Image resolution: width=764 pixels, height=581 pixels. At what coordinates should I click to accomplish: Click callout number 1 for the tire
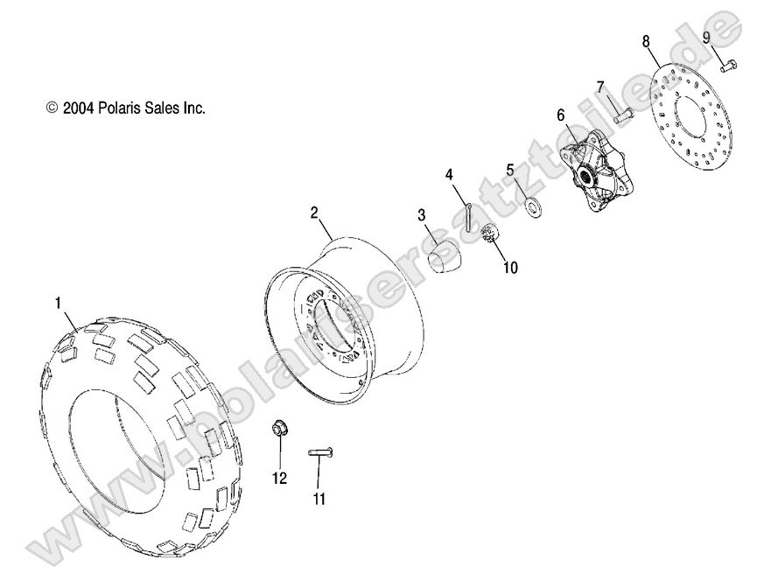point(59,304)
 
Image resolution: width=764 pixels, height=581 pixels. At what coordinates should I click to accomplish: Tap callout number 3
point(421,215)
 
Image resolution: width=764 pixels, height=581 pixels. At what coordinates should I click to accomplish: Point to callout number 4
point(450,174)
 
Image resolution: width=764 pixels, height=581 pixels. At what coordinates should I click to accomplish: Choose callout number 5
point(509,170)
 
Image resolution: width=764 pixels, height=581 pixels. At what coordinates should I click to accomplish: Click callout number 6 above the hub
point(561,115)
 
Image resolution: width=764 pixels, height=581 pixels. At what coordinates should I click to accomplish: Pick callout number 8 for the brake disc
point(646,41)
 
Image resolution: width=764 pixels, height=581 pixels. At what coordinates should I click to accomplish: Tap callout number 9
point(705,37)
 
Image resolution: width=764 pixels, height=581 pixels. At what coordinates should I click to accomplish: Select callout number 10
point(510,268)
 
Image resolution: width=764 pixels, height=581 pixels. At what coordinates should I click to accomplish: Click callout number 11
point(319,499)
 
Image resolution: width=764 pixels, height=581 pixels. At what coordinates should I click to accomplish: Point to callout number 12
point(279,477)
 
